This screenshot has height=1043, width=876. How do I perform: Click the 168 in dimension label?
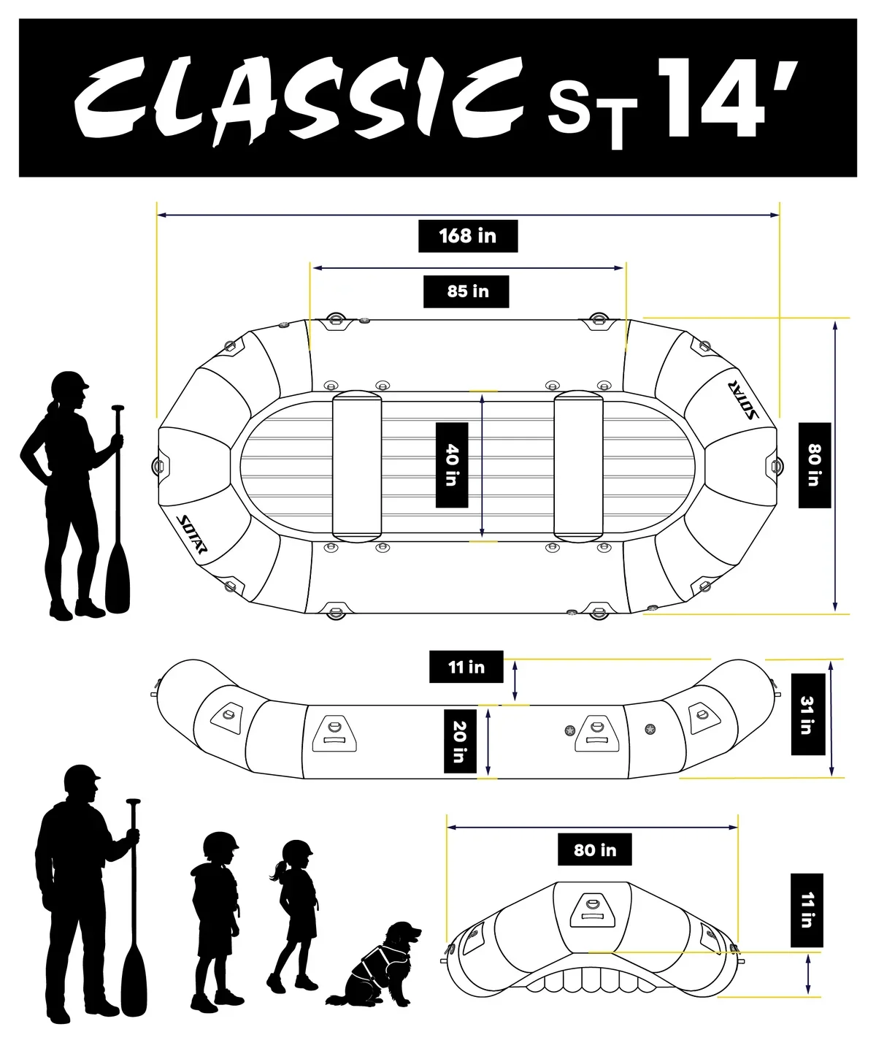(x=468, y=236)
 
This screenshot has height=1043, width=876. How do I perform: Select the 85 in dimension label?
(x=466, y=291)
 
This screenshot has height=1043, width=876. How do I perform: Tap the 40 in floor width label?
(x=451, y=465)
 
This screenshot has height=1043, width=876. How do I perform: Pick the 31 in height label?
(x=807, y=714)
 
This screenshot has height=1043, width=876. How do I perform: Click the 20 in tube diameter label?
(x=460, y=741)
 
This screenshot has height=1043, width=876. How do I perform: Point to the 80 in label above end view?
(x=594, y=849)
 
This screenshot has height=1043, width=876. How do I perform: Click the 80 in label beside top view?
(x=815, y=465)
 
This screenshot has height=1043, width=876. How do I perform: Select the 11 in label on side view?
(x=466, y=666)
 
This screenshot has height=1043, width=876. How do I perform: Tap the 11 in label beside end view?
(x=807, y=910)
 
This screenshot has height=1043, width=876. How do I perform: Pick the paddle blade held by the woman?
(x=118, y=576)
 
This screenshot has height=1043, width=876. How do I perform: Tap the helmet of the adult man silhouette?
(x=82, y=777)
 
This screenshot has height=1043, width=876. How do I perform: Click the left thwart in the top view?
(x=356, y=466)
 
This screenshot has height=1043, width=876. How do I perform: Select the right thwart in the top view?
(x=578, y=466)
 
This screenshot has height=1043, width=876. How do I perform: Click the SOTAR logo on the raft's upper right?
(x=742, y=400)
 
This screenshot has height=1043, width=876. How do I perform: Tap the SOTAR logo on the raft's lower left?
(x=192, y=534)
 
